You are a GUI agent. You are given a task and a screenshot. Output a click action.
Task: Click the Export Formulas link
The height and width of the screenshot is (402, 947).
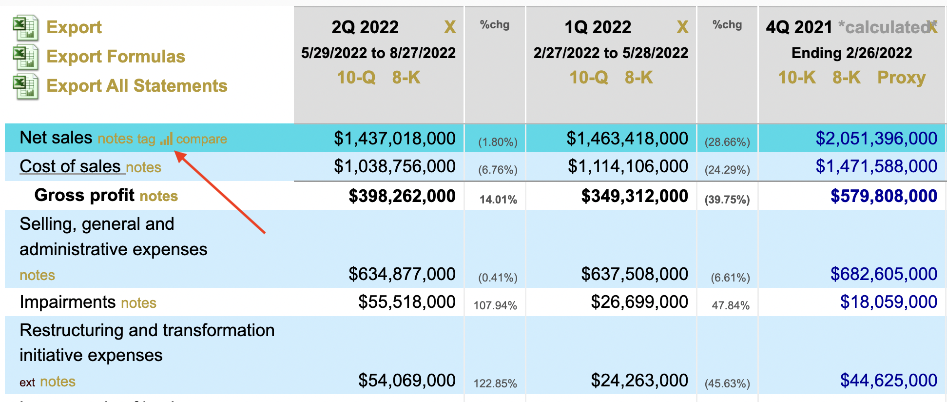tap(116, 57)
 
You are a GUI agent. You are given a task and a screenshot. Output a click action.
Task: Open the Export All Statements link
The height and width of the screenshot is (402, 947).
tap(136, 86)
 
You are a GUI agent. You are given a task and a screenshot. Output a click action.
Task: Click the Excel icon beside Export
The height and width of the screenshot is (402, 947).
tap(25, 27)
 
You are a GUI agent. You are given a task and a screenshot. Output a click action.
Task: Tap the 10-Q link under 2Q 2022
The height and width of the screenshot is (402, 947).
tap(356, 78)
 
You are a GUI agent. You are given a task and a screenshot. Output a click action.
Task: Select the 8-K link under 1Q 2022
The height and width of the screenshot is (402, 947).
tap(638, 78)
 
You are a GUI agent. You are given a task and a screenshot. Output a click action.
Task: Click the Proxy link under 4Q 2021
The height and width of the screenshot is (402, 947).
tap(901, 78)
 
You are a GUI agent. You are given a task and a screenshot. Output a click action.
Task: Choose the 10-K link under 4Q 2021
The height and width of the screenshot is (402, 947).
tap(797, 78)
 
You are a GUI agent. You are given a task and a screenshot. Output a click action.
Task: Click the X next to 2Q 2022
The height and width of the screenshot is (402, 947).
tap(450, 27)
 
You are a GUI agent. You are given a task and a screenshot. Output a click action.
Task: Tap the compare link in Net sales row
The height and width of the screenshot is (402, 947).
tap(201, 139)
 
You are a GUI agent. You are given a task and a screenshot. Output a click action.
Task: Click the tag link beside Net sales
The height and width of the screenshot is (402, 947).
tap(146, 139)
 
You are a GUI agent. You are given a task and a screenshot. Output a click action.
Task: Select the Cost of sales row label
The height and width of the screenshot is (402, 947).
tap(70, 167)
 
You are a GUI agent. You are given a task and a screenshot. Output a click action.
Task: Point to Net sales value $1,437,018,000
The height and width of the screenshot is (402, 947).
tap(394, 139)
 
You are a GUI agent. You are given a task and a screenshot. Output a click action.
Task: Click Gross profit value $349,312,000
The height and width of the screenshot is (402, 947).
tap(635, 196)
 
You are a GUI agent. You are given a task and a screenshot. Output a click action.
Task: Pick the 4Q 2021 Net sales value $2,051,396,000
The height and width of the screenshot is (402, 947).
tap(876, 139)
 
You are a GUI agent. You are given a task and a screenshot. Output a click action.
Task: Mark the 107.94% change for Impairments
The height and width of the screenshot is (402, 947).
tap(495, 305)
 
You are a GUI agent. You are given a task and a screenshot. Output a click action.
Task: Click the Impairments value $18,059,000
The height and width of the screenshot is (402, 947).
tap(889, 302)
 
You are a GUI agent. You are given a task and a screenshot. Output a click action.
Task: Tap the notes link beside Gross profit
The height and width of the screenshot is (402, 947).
tap(159, 196)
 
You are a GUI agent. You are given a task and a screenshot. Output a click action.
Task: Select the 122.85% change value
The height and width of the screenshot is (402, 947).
tap(495, 383)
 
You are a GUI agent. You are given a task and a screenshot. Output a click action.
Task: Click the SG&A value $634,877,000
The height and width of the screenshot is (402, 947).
tap(402, 274)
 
